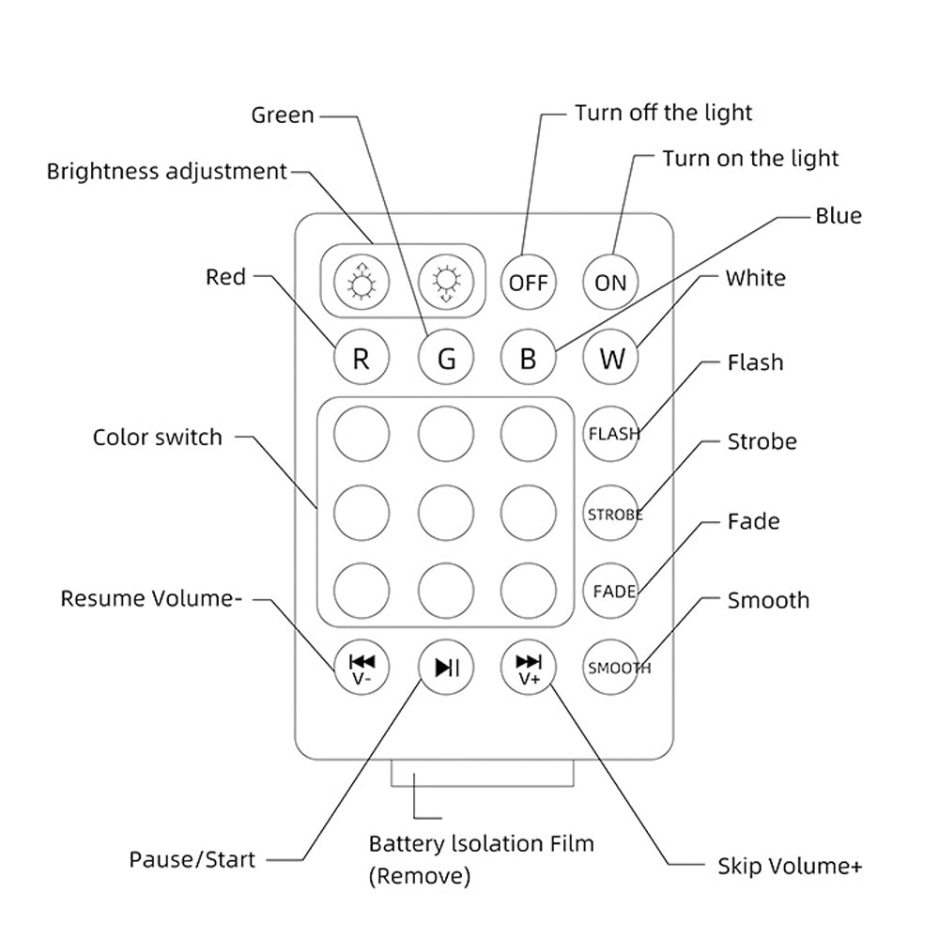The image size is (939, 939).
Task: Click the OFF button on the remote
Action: coord(528,282)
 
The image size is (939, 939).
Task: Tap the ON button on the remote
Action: coord(610,282)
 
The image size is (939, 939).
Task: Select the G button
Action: coord(446,359)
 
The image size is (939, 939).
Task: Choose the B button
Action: coord(528,359)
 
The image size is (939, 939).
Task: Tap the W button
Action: coord(610,359)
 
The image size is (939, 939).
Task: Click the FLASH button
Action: coord(610,434)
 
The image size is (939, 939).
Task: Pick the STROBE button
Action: coord(610,514)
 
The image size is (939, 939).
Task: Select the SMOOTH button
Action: coord(610,669)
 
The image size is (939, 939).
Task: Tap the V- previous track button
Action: coord(362,668)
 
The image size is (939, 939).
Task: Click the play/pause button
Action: coord(446,668)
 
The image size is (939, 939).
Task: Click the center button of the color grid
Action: coord(446,513)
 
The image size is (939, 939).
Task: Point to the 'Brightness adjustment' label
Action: coord(166,172)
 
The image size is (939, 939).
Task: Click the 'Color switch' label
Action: coord(158,438)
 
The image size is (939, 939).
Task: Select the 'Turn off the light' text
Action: coord(663,114)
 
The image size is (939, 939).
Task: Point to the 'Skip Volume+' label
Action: coord(789,866)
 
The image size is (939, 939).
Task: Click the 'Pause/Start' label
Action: coord(192,859)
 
